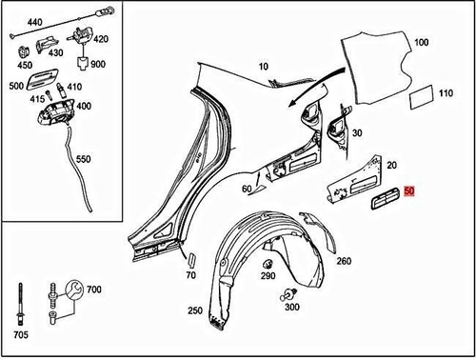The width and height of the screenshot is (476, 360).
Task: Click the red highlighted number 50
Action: pos(409,191)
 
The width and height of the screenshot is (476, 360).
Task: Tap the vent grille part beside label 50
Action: pos(385,199)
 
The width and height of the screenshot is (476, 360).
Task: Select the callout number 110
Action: pos(446,93)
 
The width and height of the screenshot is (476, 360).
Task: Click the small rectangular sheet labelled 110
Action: pos(422,97)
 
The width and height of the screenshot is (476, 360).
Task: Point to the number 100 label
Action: pos(422,42)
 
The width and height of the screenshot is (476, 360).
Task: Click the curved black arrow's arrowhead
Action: pos(292,103)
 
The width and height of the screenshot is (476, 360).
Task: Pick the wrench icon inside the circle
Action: pos(74,289)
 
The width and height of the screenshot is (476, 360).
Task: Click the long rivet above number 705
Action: pos(21,304)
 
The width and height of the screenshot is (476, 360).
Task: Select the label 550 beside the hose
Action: pos(84,159)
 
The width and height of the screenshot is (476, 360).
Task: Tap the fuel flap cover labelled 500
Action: pos(42,78)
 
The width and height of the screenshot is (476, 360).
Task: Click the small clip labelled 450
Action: pos(23,52)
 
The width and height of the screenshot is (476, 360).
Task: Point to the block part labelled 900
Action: pos(84,63)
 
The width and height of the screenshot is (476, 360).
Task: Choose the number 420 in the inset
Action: pos(101,39)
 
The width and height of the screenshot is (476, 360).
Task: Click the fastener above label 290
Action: pos(268,264)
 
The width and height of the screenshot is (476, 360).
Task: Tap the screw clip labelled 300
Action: pos(289,294)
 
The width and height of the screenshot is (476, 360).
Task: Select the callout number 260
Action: pos(344,261)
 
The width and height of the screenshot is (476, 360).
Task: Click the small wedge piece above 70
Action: pos(192,260)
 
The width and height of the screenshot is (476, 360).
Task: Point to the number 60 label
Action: pos(247,189)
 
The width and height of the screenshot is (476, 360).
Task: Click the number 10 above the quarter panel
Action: pos(264,67)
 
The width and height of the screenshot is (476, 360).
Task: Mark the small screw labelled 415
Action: pos(48,95)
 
